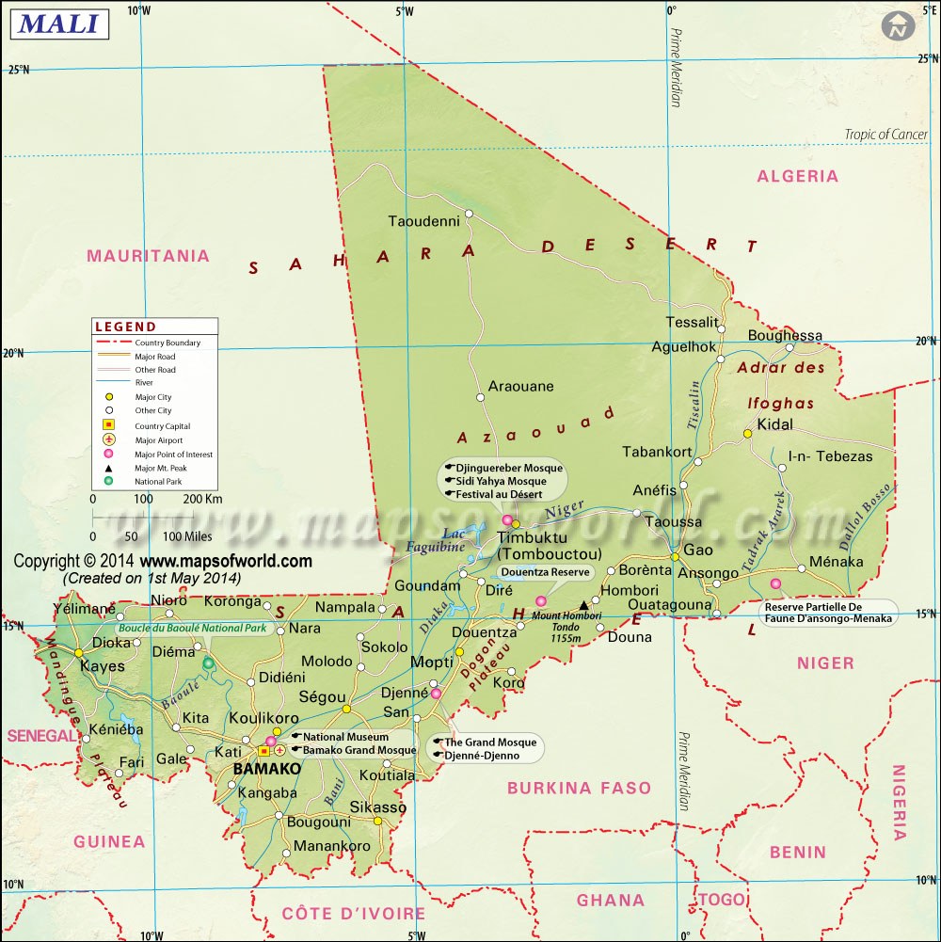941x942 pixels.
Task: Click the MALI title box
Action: click(x=59, y=24)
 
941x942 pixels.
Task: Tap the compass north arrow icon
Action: click(x=899, y=25)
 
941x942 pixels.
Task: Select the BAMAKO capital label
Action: click(x=266, y=768)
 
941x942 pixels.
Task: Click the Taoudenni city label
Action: click(x=423, y=221)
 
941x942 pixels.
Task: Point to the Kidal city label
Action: click(x=774, y=424)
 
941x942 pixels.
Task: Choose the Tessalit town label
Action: click(x=692, y=322)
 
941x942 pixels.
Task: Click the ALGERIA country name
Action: click(x=797, y=176)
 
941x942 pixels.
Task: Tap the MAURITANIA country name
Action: click(x=148, y=256)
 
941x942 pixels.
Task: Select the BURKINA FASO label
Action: click(x=579, y=788)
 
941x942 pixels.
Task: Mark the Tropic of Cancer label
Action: click(x=885, y=135)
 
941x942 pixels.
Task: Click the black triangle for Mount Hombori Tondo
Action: click(x=584, y=605)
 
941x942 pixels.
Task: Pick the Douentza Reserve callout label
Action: click(x=545, y=571)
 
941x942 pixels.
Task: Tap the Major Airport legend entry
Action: click(x=158, y=439)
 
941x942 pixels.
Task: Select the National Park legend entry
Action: click(x=158, y=481)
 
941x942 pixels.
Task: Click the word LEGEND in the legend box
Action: click(x=125, y=327)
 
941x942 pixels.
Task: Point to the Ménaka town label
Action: click(x=836, y=562)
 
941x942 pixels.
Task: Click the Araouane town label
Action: click(x=520, y=386)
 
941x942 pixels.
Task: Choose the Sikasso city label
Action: click(x=377, y=807)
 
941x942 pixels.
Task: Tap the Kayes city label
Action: click(x=103, y=666)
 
